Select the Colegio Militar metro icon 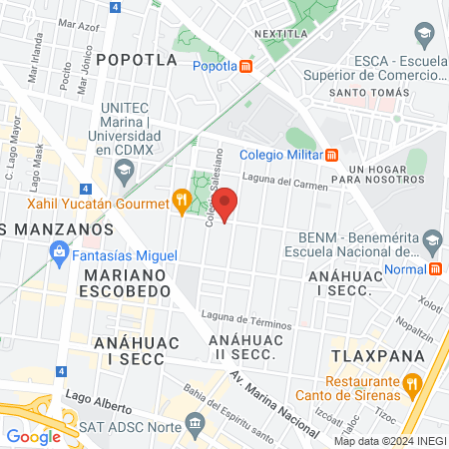click(x=332, y=155)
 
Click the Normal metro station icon click(x=437, y=269)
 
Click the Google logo click(x=33, y=436)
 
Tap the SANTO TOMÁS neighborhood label click(x=370, y=93)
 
